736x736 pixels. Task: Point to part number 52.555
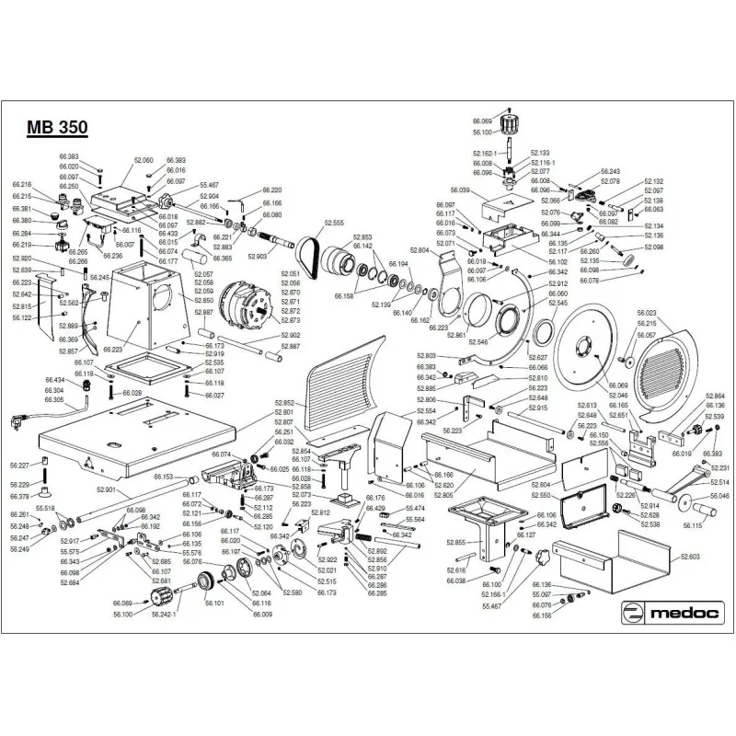[x=333, y=224]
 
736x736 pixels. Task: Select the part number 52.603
[x=690, y=557]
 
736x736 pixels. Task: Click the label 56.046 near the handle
[x=718, y=496]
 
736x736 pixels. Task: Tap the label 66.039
[x=459, y=190]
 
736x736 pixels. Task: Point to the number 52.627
[x=538, y=357]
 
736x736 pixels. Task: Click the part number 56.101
[x=214, y=604]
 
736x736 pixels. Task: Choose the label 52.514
[x=719, y=482]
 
